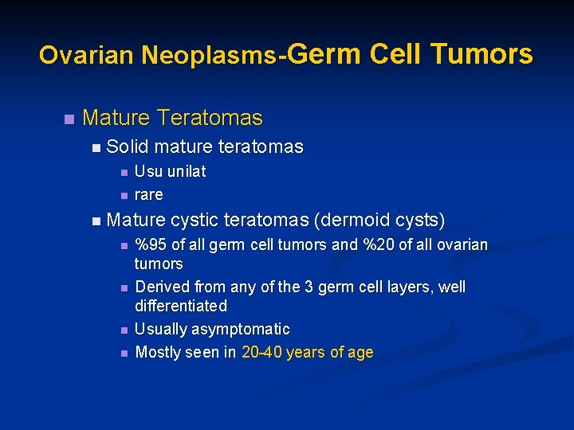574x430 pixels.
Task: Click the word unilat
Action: [187, 171]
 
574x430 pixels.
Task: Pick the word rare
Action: [148, 194]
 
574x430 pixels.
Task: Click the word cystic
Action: [195, 219]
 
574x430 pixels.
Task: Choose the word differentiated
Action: [181, 306]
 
